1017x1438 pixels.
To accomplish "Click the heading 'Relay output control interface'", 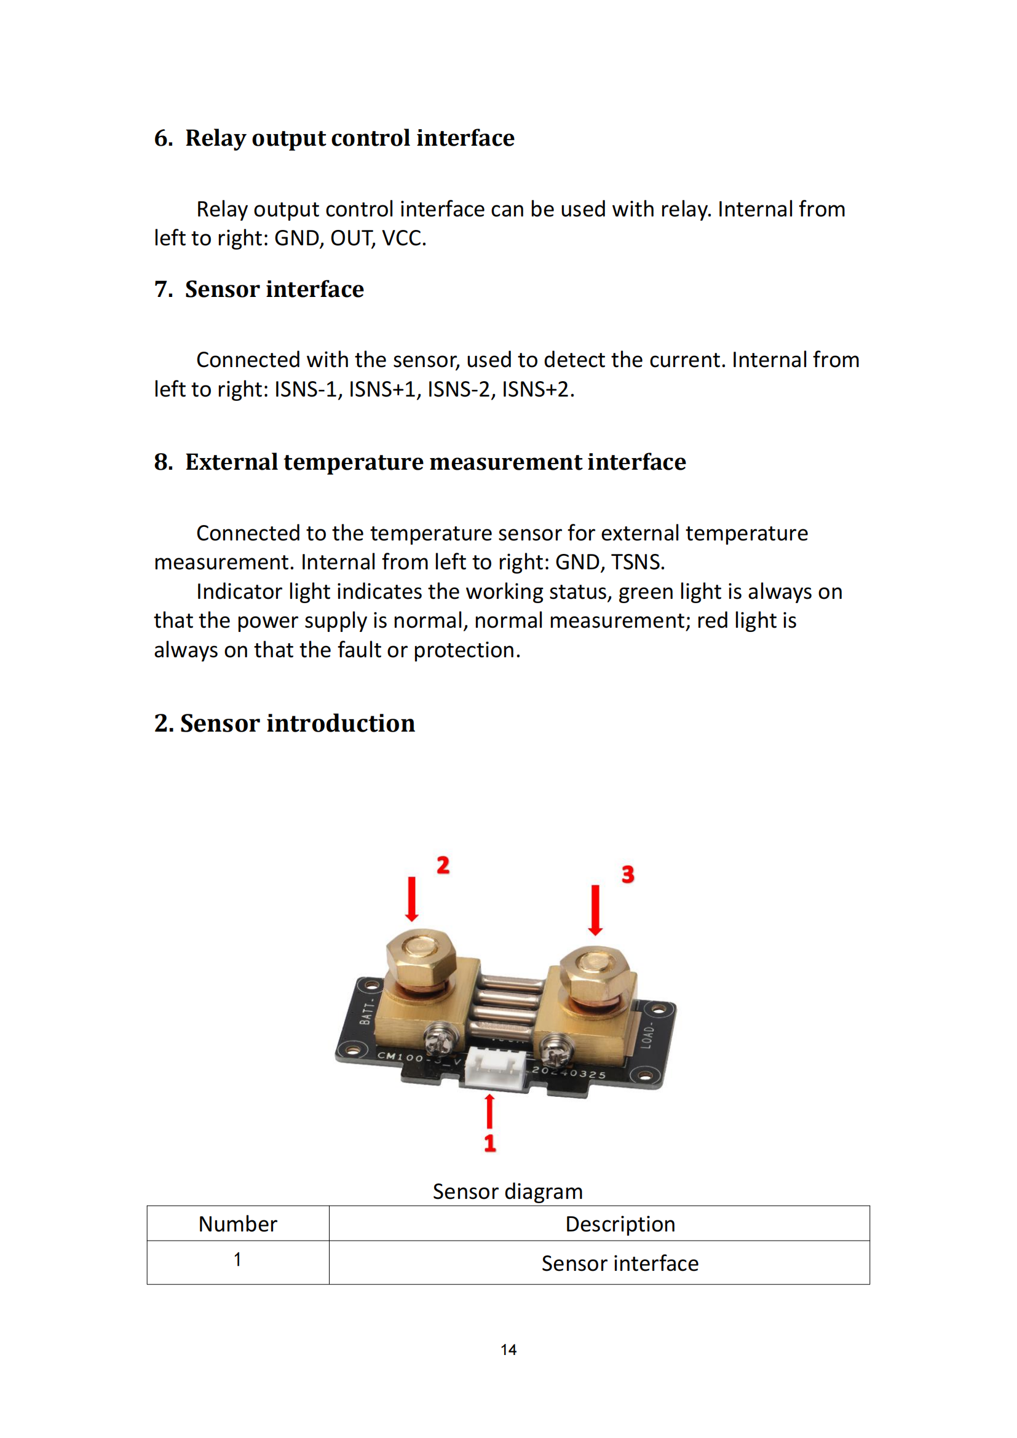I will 349,138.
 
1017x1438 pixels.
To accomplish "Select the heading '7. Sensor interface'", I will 259,289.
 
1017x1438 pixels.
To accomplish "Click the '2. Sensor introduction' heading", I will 284,723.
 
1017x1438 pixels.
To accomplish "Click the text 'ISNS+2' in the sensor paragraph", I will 536,389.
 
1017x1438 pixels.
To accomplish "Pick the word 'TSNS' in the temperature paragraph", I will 636,562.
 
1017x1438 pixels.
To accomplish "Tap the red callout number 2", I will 443,865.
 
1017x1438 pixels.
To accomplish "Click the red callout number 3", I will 628,874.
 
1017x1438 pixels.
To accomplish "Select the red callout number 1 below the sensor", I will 489,1142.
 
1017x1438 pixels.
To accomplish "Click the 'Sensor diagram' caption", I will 507,1191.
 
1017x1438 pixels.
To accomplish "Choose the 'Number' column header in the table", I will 237,1224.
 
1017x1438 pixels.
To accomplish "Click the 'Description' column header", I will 620,1224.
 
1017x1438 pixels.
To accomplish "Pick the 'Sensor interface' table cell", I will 620,1263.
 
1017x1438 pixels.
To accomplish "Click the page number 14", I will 509,1349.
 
